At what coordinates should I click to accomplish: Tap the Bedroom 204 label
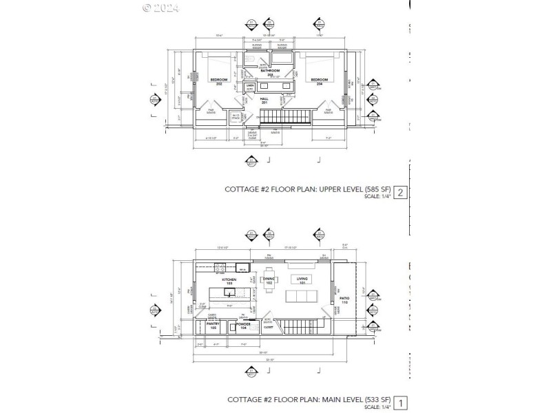pos(320,82)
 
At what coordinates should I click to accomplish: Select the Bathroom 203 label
pos(270,72)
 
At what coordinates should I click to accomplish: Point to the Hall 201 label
pos(264,100)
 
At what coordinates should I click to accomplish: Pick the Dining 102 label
pos(269,280)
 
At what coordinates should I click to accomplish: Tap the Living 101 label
pos(301,280)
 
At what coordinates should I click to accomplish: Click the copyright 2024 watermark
pos(160,8)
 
